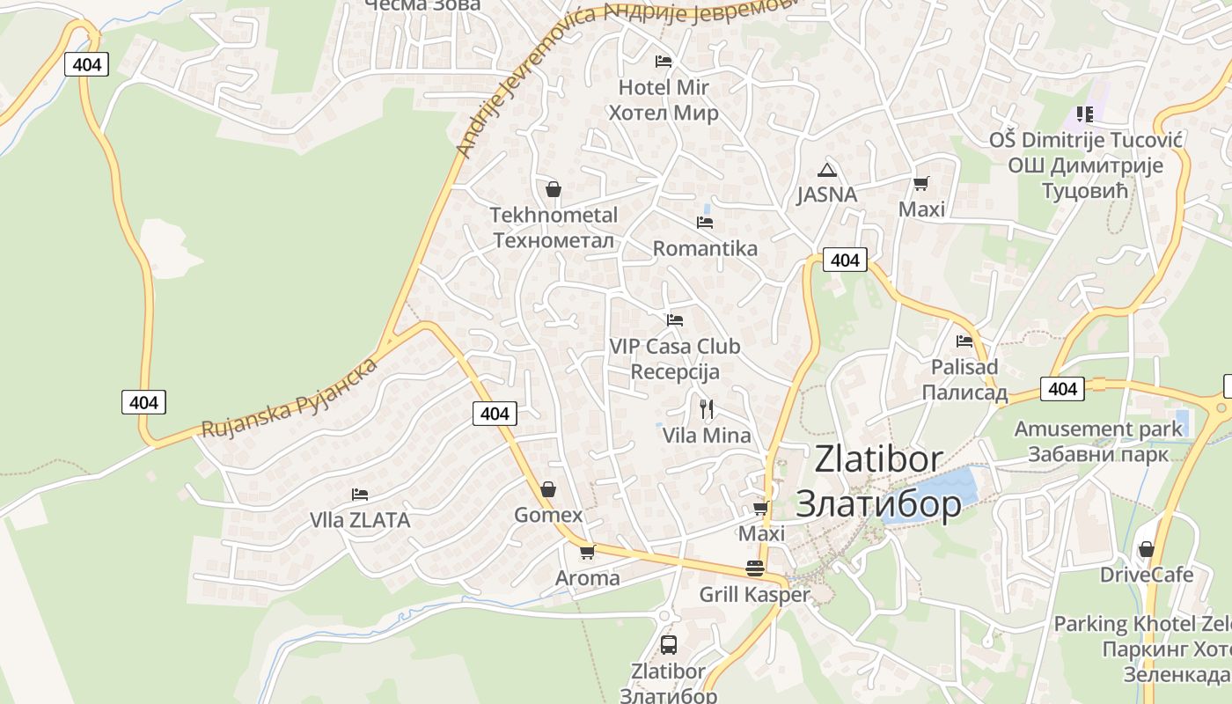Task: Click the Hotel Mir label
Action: pos(664,88)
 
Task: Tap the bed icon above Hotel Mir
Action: pos(664,62)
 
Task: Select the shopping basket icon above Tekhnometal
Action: pos(554,189)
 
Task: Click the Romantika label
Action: pos(705,248)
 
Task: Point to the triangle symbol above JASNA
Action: pos(825,170)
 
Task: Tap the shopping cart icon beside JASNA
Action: pos(920,184)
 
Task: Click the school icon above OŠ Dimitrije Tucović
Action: pos(1085,114)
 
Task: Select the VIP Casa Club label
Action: pos(675,347)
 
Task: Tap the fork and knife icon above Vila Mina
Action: pos(706,408)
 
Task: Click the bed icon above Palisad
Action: pos(964,341)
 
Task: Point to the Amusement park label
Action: pos(1098,429)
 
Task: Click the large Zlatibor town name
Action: pos(878,458)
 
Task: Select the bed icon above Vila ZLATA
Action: pos(359,495)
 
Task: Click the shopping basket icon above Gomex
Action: pos(548,489)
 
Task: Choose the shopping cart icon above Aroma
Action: pos(587,553)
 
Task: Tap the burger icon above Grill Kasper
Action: pos(754,568)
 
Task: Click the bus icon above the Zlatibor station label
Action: pos(669,645)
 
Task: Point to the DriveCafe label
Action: pos(1147,576)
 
